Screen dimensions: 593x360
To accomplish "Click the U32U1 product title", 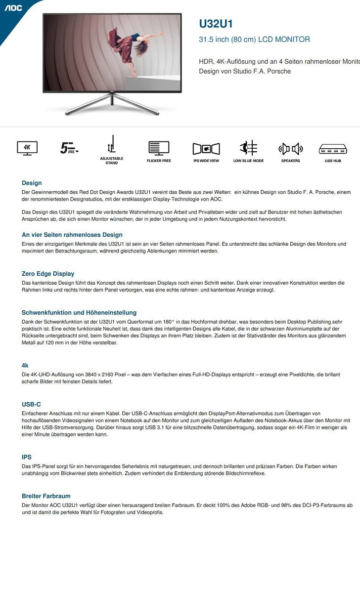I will (216, 24).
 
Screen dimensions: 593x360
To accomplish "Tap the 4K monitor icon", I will (27, 148).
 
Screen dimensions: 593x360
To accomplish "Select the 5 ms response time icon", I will (69, 148).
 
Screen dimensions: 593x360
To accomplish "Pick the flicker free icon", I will (159, 148).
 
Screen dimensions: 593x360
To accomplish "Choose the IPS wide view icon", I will (206, 148).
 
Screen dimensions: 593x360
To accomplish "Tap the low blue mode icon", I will (248, 148).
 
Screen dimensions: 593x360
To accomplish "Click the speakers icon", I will (290, 148).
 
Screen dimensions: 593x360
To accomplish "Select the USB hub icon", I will (332, 148).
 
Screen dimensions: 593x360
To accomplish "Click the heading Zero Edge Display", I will (48, 274).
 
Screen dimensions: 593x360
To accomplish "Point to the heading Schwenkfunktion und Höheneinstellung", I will (79, 313).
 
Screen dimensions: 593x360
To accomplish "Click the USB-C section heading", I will (31, 404).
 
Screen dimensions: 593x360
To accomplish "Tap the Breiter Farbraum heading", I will (46, 496).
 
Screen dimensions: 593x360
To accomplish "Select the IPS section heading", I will (27, 457).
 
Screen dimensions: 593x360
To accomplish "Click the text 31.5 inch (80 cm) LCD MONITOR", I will (254, 40).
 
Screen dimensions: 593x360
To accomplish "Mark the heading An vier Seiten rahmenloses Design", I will (72, 235).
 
